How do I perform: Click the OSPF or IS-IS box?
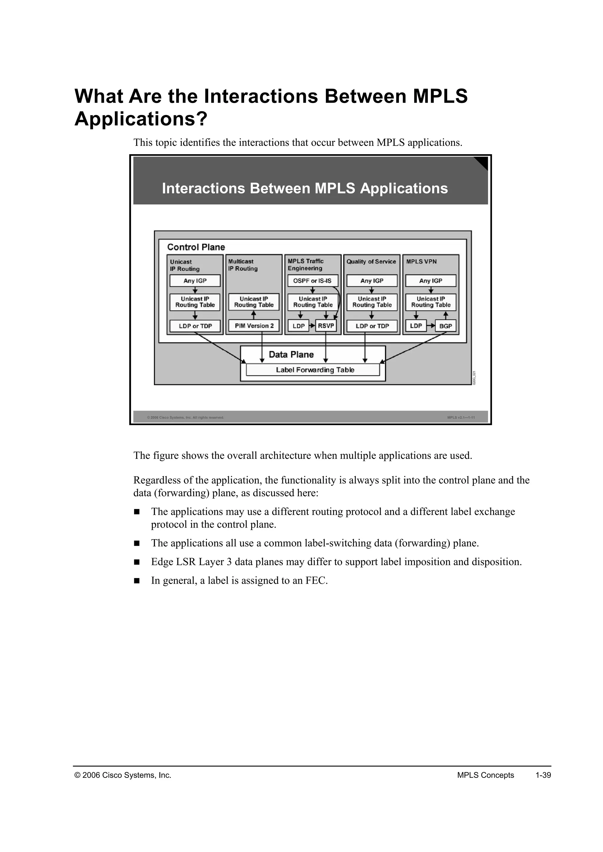[312, 281]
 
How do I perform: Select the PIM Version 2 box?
[254, 326]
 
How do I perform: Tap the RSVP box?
[326, 326]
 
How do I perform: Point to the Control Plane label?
[196, 247]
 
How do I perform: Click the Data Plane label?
[291, 355]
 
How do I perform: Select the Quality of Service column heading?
[371, 262]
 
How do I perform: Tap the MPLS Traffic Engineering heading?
[306, 264]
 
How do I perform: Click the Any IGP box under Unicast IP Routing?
[195, 281]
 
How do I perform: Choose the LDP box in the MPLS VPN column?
[416, 326]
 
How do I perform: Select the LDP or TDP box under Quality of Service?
[372, 326]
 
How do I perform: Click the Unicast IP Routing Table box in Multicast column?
[254, 302]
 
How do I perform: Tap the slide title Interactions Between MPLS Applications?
[305, 189]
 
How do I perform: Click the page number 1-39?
[543, 775]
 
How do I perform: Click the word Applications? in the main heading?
[141, 119]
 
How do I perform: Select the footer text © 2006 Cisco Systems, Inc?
[123, 775]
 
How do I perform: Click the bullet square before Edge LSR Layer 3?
[137, 562]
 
